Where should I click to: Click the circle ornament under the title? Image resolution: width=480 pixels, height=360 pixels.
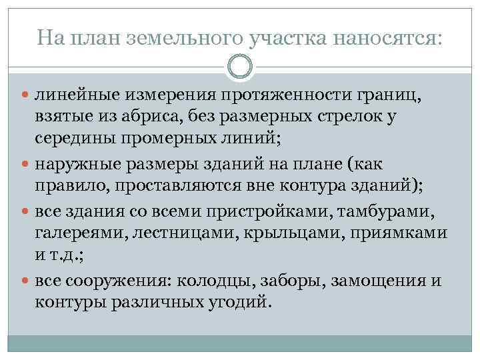pyautogui.click(x=240, y=66)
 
